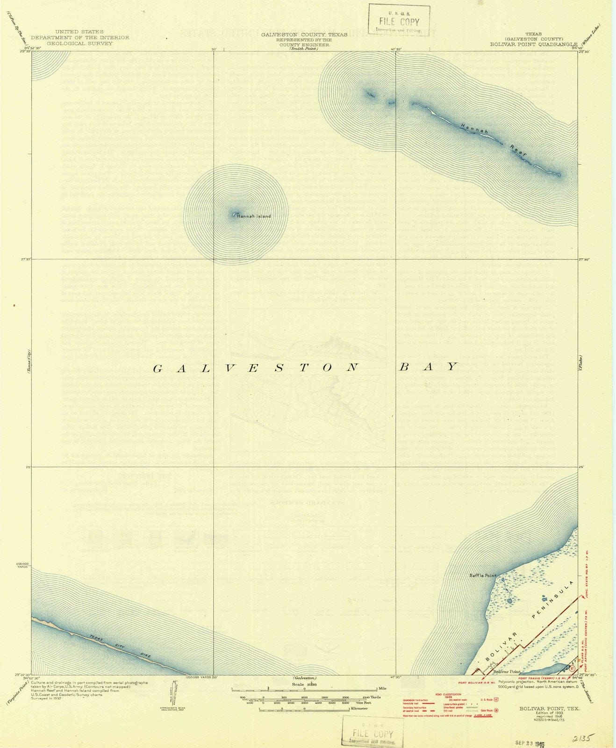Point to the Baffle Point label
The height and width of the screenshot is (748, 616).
click(x=482, y=575)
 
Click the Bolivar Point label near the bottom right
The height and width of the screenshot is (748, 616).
click(x=507, y=672)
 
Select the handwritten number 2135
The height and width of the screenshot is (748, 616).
click(x=582, y=739)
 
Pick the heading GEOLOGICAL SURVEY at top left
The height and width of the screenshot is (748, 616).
click(x=80, y=43)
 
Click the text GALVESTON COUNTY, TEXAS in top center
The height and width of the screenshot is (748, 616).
click(x=304, y=35)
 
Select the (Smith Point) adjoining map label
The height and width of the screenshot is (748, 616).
click(x=303, y=49)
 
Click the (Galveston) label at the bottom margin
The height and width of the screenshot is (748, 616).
click(x=304, y=678)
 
